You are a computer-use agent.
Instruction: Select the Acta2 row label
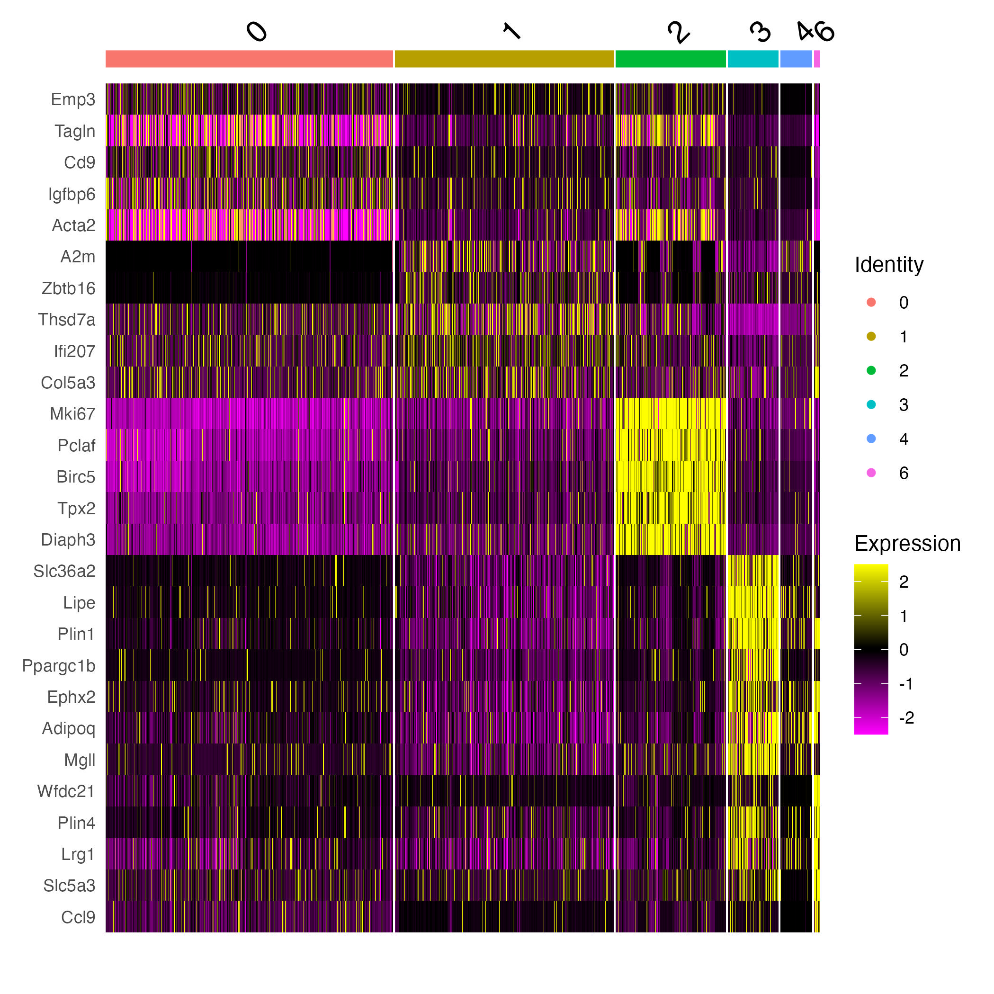click(73, 225)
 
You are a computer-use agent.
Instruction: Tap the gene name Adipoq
click(69, 728)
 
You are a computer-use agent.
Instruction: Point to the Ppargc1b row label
click(59, 666)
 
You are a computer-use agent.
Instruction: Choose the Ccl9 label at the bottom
click(78, 917)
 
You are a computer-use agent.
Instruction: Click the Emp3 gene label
click(73, 99)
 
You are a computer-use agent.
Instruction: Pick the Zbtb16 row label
click(68, 288)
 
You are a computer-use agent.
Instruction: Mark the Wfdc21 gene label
click(66, 791)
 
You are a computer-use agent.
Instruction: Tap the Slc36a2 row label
click(64, 571)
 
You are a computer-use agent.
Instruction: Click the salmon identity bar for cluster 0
click(249, 59)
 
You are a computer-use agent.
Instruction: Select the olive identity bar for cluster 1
click(504, 59)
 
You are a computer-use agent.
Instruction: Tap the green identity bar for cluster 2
click(671, 59)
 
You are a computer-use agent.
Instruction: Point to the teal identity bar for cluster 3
click(752, 59)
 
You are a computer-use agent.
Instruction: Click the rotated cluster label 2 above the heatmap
click(678, 32)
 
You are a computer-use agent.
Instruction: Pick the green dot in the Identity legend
click(871, 370)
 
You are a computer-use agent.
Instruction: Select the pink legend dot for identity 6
click(871, 473)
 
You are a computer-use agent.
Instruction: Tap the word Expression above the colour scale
click(907, 543)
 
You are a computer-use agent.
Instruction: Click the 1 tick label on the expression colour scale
click(904, 616)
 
